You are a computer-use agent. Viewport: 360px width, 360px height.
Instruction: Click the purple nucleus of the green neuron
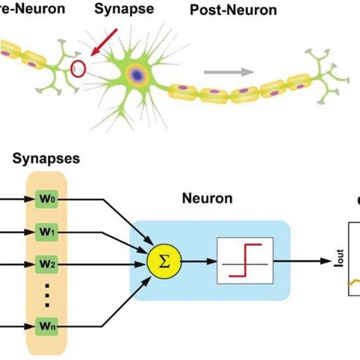(138, 74)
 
